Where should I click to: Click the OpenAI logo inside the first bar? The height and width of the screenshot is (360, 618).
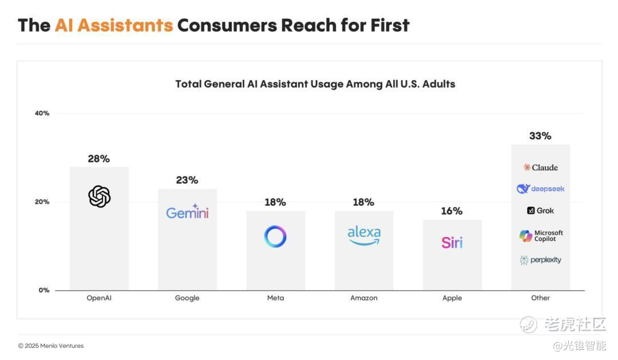click(x=99, y=197)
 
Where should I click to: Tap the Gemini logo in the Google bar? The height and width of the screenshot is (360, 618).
click(x=187, y=212)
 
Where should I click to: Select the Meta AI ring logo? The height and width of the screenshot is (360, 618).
click(x=275, y=236)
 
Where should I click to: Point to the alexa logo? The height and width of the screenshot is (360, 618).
click(x=364, y=235)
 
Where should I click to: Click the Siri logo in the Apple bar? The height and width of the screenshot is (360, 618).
click(x=452, y=242)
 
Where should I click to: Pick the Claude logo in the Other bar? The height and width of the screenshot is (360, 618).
click(x=540, y=167)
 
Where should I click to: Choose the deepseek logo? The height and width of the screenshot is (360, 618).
click(x=540, y=189)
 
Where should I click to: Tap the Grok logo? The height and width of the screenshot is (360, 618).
click(x=540, y=211)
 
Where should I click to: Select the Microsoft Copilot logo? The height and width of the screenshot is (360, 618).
click(x=541, y=236)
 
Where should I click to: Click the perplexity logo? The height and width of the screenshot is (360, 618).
click(x=540, y=260)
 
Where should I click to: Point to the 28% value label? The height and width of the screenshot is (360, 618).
click(x=98, y=159)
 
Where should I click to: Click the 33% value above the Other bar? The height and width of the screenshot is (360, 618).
click(x=540, y=136)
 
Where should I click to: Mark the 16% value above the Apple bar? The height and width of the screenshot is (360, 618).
click(x=451, y=211)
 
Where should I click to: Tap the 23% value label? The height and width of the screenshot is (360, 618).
click(x=187, y=180)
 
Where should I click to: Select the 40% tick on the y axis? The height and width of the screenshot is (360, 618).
click(x=42, y=113)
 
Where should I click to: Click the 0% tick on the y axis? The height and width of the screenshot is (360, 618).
click(x=44, y=290)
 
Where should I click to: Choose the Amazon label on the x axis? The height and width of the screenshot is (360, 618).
click(x=364, y=298)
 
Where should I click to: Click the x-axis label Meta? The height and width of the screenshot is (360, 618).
click(x=275, y=298)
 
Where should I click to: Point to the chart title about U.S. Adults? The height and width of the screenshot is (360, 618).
click(x=315, y=84)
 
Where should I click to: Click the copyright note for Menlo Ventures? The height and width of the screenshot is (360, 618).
click(x=51, y=346)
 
